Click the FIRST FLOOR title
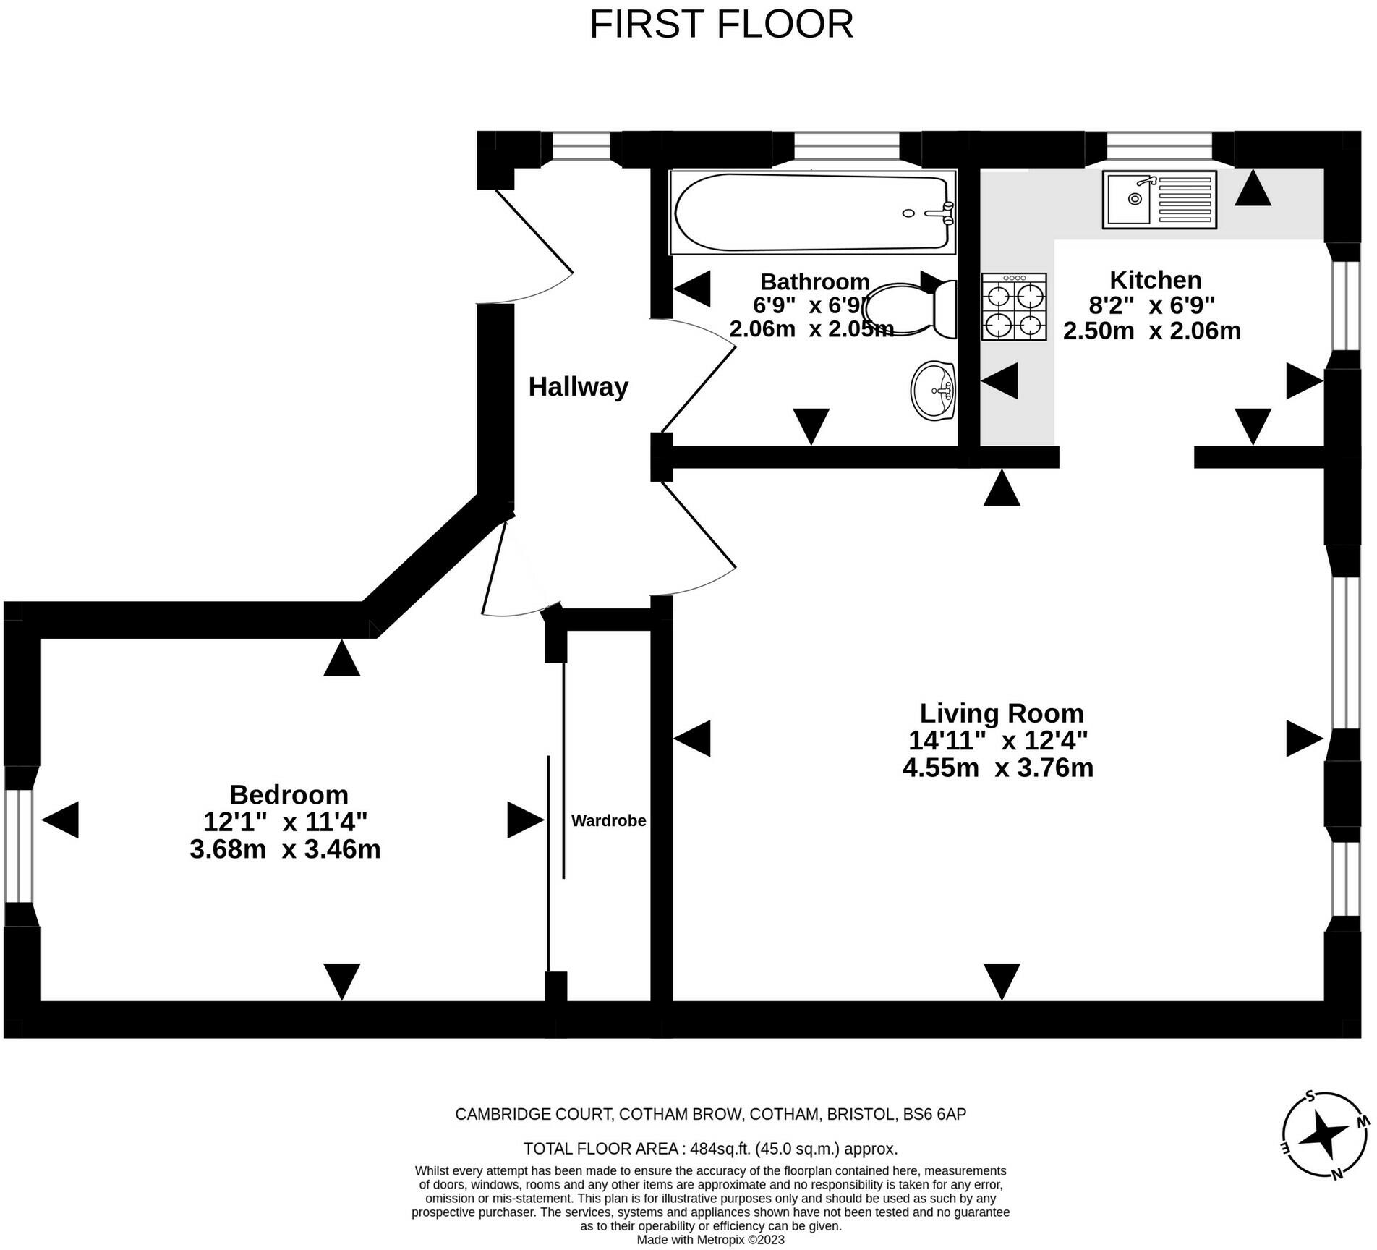(x=721, y=25)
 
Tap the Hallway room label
(x=578, y=387)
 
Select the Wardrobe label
(x=608, y=820)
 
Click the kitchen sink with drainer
(x=1159, y=200)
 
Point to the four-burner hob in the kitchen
(x=1014, y=307)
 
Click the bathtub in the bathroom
(x=813, y=212)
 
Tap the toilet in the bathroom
(x=910, y=310)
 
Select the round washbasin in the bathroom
(x=933, y=390)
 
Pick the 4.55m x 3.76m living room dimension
(x=997, y=768)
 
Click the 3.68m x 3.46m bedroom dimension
(x=285, y=849)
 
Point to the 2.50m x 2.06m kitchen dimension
(x=1151, y=331)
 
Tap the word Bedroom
(x=289, y=794)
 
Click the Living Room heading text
(x=1002, y=713)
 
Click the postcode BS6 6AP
(x=934, y=1114)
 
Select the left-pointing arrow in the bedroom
(x=60, y=820)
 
